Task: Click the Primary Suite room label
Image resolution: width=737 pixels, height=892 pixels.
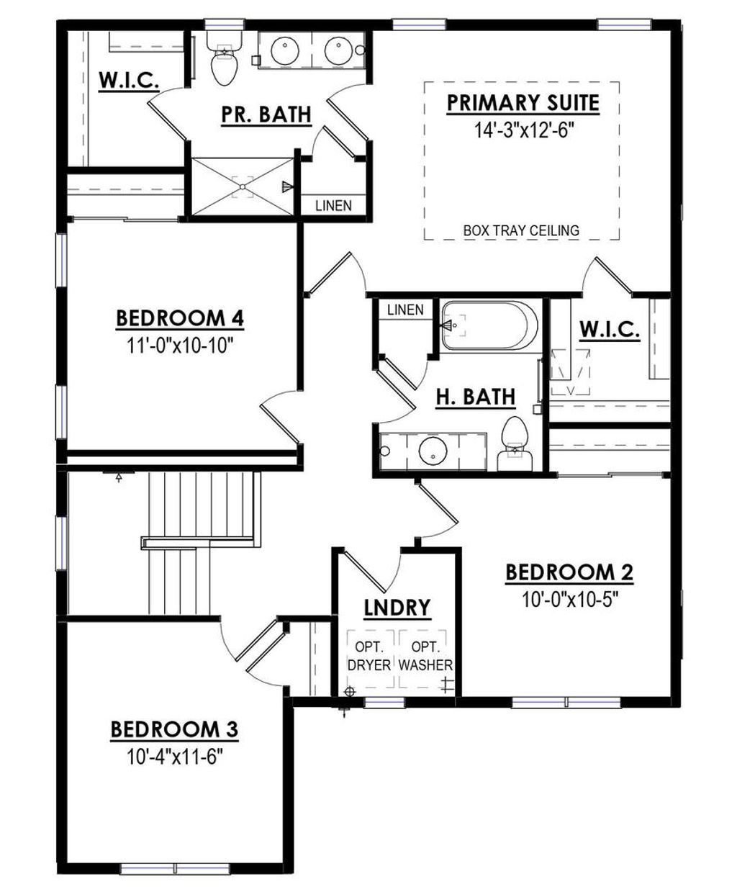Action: point(523,103)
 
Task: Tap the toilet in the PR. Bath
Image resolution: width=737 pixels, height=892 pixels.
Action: point(223,63)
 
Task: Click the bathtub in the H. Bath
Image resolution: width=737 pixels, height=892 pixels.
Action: point(489,326)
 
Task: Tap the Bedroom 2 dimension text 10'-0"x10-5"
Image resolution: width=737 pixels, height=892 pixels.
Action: point(569,599)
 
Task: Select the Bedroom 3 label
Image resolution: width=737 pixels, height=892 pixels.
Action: point(174,730)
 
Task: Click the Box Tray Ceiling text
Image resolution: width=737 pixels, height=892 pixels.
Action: point(521,231)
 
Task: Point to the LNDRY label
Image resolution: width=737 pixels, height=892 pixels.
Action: point(397,608)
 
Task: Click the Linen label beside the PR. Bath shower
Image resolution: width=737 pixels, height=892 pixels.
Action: point(334,206)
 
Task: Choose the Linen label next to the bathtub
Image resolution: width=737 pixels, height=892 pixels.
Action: point(405,310)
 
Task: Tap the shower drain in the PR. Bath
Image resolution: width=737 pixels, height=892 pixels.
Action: point(243,187)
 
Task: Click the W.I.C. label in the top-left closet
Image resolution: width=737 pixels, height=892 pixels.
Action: point(129,80)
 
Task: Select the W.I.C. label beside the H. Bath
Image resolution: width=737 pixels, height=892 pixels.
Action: point(610,330)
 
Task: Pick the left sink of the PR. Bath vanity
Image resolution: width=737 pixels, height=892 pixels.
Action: point(286,50)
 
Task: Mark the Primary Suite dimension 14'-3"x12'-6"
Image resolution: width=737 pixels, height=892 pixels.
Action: point(523,130)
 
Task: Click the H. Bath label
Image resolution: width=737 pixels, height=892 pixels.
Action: point(476,396)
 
